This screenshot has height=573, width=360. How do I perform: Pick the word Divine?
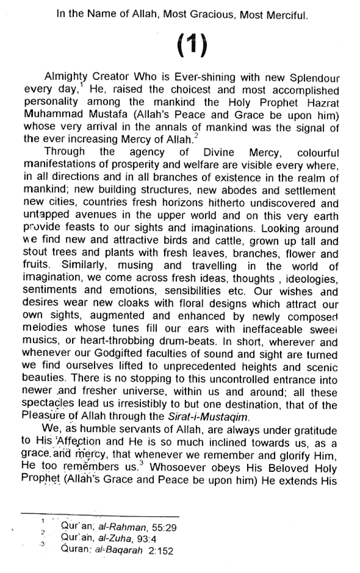pos(219,153)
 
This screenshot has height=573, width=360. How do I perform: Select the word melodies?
pos(45,328)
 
